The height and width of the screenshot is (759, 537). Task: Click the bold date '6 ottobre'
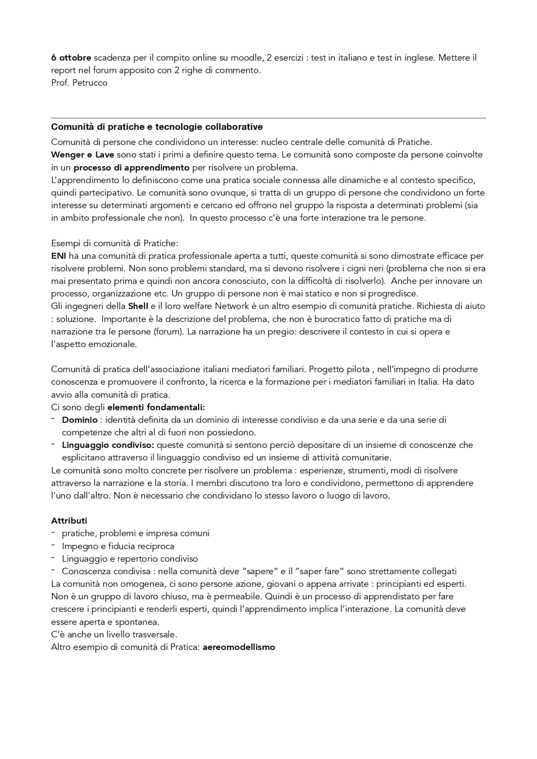71,57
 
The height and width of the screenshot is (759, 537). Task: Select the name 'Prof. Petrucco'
79,83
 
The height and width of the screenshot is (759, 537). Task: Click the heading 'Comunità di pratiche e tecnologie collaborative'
157,127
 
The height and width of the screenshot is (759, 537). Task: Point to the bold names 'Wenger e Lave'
82,155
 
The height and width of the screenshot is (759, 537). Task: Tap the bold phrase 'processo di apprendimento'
132,168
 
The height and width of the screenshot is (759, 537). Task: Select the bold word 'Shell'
138,306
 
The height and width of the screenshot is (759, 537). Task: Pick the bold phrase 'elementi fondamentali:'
156,407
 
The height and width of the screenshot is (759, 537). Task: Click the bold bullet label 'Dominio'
80,420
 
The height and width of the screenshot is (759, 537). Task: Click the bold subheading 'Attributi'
69,521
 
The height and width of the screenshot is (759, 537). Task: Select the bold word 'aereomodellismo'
239,647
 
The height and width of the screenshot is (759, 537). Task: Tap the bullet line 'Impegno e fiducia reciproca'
118,546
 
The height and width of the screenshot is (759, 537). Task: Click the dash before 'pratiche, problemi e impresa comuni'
53,533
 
